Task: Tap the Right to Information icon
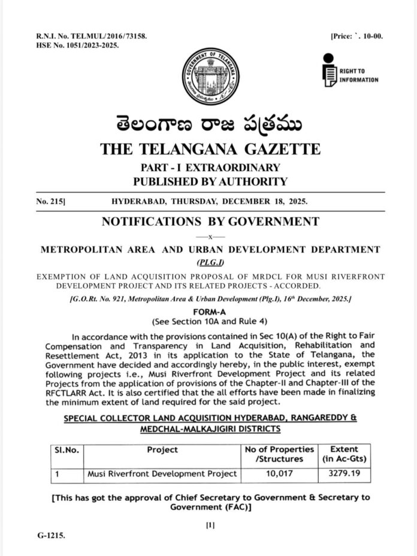pos(328,71)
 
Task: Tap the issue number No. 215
pos(50,203)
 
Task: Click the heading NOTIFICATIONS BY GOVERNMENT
pos(210,221)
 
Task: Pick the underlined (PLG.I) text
pos(209,263)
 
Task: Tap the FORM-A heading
pos(209,312)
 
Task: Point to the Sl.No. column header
pos(63,449)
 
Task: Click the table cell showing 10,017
pos(279,474)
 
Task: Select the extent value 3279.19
pos(344,474)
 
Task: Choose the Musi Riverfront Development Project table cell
pos(162,474)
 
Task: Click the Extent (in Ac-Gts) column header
pos(344,454)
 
